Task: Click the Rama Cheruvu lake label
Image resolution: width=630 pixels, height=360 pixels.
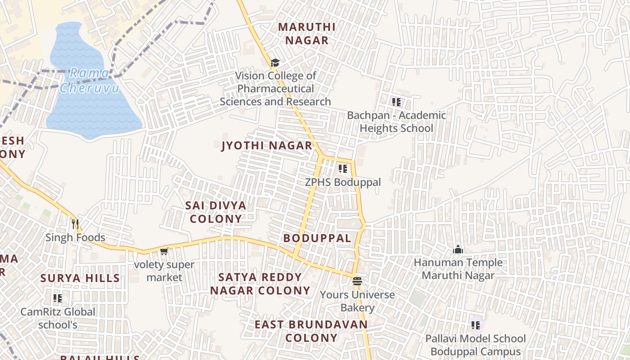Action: click(90, 80)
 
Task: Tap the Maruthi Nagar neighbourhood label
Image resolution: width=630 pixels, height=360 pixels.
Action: click(306, 34)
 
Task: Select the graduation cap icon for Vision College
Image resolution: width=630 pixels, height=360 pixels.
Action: click(275, 63)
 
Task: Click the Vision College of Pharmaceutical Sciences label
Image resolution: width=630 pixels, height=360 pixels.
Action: click(275, 89)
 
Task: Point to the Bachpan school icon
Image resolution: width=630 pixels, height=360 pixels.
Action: click(396, 102)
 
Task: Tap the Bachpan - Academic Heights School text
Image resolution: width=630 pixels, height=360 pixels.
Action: click(396, 122)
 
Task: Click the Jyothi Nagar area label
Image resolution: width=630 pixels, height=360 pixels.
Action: click(267, 146)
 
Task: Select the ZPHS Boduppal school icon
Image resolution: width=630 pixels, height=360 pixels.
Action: click(343, 169)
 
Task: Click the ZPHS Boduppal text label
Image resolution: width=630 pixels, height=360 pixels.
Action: click(343, 182)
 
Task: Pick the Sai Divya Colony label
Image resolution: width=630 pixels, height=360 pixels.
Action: click(216, 212)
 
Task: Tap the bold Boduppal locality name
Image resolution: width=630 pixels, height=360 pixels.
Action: click(317, 238)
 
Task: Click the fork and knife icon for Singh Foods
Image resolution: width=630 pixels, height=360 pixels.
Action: click(75, 224)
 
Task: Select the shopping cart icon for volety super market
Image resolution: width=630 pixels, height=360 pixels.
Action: click(164, 251)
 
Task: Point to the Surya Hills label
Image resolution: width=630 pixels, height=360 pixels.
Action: click(80, 278)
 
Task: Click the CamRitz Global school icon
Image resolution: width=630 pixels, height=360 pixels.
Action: click(58, 298)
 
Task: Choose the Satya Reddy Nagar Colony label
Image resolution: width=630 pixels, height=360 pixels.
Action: click(260, 284)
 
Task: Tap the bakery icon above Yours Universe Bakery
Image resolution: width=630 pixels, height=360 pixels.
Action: click(357, 282)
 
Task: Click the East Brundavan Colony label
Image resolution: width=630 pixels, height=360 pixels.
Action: click(311, 331)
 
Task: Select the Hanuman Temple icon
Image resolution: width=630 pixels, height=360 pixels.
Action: click(458, 249)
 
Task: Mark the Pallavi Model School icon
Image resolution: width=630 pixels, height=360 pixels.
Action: click(475, 325)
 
